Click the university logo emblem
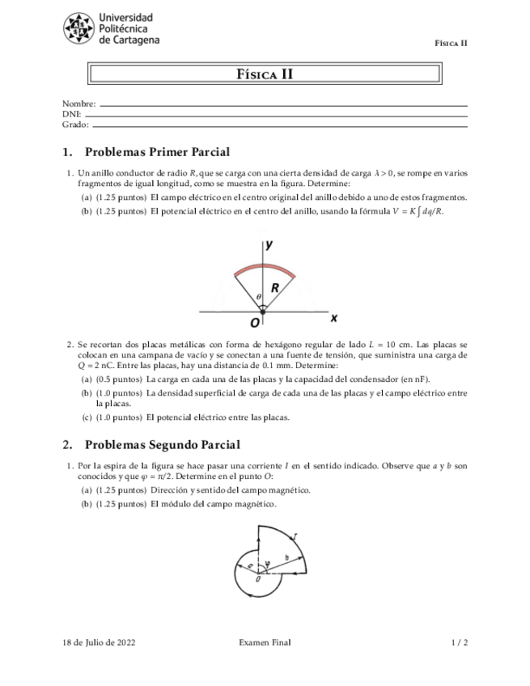pyautogui.click(x=78, y=28)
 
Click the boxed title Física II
pyautogui.click(x=265, y=74)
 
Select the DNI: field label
pyautogui.click(x=71, y=115)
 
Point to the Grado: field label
pyautogui.click(x=75, y=125)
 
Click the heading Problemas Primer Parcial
pyautogui.click(x=157, y=151)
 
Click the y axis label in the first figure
pyautogui.click(x=269, y=243)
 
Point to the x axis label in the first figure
pyautogui.click(x=333, y=317)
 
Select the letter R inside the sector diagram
pyautogui.click(x=275, y=288)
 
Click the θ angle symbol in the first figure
pyautogui.click(x=258, y=297)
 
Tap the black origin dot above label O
pyautogui.click(x=263, y=311)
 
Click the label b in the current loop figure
pyautogui.click(x=286, y=557)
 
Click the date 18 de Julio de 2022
pyautogui.click(x=99, y=642)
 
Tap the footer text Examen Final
pyautogui.click(x=265, y=642)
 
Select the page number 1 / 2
pyautogui.click(x=459, y=642)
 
